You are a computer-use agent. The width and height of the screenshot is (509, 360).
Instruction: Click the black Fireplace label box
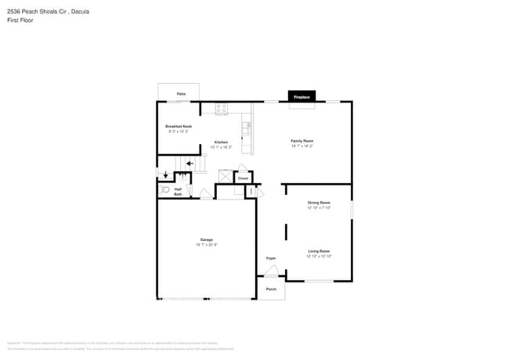[301, 97]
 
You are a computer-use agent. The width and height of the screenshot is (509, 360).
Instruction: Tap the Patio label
[181, 94]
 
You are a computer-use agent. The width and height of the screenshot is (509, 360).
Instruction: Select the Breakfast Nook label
[179, 126]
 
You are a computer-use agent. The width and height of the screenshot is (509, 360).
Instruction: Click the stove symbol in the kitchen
[221, 110]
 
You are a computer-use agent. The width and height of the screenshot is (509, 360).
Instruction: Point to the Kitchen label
[221, 142]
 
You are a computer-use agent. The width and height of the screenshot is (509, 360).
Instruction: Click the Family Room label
[301, 141]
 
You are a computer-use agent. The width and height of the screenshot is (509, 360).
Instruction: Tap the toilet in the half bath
[165, 189]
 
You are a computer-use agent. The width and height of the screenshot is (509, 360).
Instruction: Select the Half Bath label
[178, 191]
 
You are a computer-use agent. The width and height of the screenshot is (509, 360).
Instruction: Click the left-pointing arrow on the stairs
[190, 164]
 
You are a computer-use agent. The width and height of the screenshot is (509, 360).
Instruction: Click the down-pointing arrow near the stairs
[165, 175]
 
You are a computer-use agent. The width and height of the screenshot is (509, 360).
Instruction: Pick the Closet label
[243, 178]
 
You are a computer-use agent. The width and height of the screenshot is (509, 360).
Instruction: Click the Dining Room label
[319, 203]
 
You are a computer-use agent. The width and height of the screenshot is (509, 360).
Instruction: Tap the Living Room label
[319, 251]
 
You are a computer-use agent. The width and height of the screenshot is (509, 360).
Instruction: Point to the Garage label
[206, 239]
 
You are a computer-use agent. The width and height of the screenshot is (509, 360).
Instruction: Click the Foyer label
[271, 257]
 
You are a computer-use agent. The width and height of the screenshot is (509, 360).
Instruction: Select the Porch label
[271, 289]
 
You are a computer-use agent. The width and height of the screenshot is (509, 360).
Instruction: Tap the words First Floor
[21, 20]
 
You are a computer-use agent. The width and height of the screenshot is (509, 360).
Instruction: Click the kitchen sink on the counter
[247, 125]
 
